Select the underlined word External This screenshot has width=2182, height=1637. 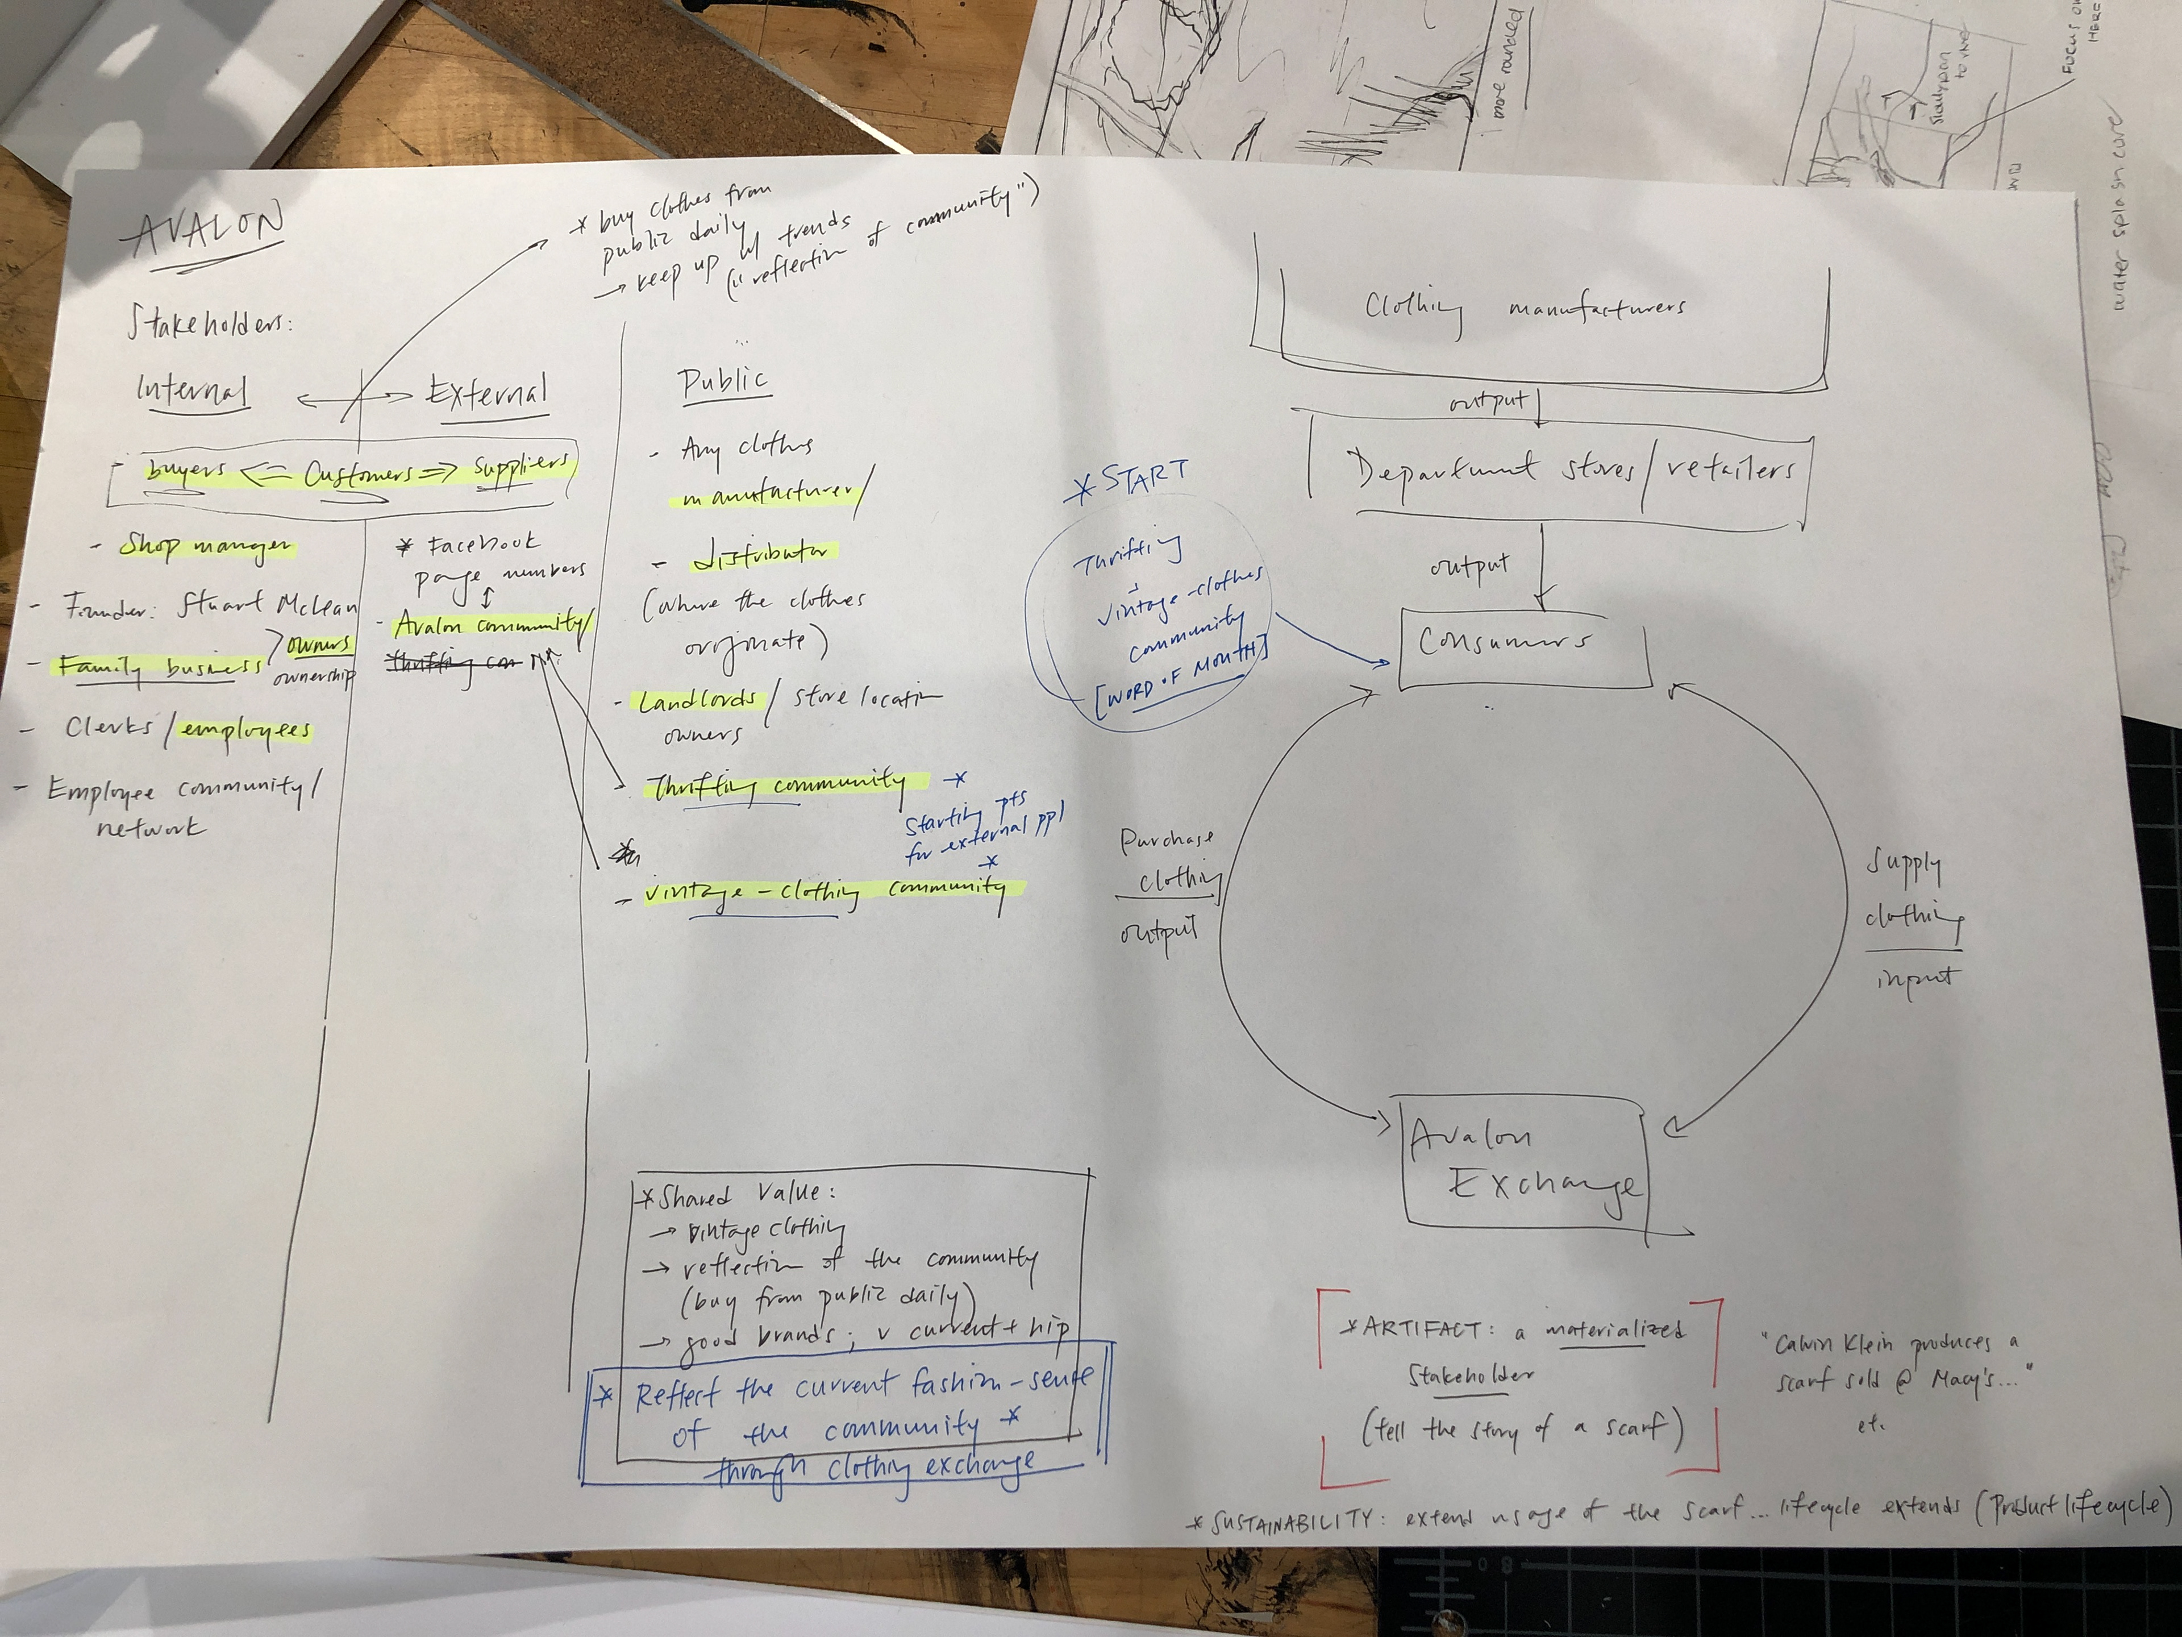coord(488,393)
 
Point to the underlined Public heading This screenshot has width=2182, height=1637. coord(723,380)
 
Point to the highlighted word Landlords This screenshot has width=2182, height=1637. coord(697,701)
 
